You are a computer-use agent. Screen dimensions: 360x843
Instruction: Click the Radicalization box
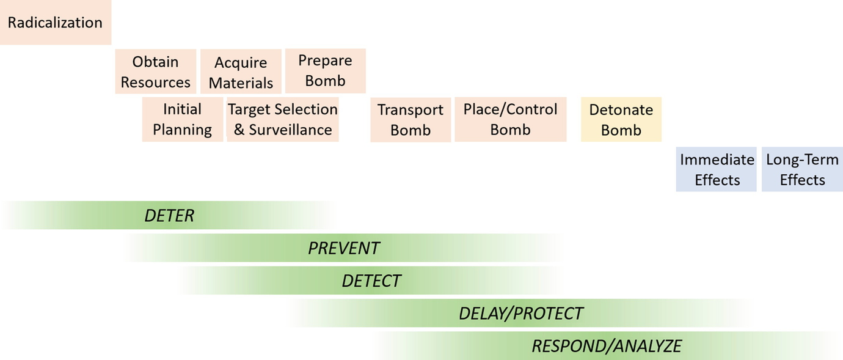coord(55,23)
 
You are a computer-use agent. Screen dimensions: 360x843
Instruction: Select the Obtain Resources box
coord(156,72)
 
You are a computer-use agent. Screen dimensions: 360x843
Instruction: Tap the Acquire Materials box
coord(241,72)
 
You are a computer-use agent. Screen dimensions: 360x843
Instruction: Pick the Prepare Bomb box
coord(325,71)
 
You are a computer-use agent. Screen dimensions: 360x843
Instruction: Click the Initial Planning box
coord(182,119)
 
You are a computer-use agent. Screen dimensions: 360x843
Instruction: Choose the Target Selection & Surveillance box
coord(282,119)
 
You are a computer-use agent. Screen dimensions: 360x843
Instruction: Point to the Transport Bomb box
coord(411,120)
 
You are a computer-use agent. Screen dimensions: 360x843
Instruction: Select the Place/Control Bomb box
coord(510,119)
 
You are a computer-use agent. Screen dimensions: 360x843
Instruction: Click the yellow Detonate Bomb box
coord(621,120)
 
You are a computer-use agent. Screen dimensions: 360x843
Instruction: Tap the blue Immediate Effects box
coord(717,169)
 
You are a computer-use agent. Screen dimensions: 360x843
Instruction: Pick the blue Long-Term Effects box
coord(802,169)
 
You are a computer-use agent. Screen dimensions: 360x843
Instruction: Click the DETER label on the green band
coord(169,216)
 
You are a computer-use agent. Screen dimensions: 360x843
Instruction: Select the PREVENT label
coord(344,248)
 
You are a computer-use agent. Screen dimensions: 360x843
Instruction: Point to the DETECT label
coord(371,281)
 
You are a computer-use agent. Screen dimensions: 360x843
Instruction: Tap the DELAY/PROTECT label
coord(521,314)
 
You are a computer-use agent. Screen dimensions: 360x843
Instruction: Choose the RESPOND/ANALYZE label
coord(607,346)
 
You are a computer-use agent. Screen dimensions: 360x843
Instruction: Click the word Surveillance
coord(291,130)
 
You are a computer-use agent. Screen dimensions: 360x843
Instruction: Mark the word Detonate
coord(621,110)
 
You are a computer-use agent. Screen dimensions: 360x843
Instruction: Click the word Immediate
coord(717,160)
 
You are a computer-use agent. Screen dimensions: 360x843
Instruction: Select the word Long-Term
coord(802,160)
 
